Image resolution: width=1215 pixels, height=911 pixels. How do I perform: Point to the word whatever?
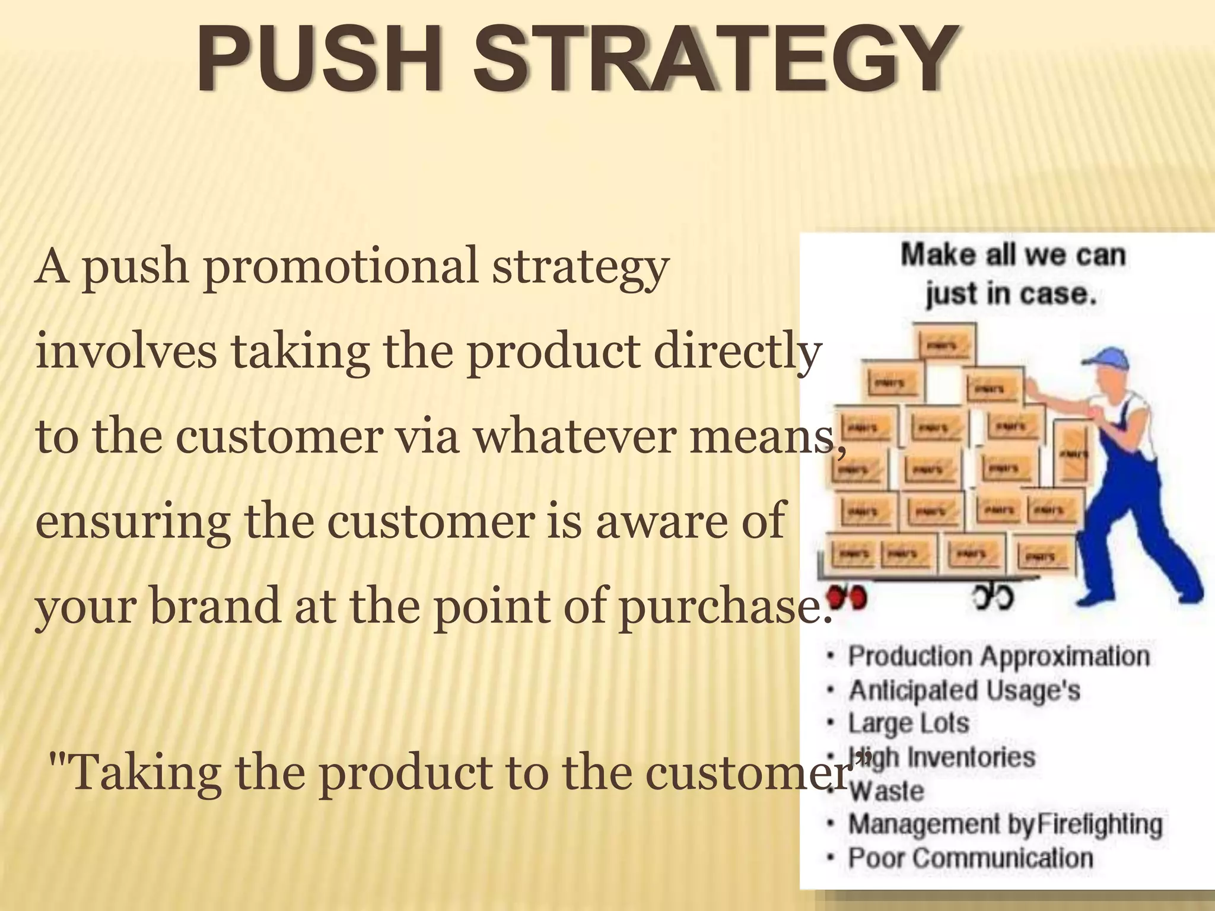point(574,437)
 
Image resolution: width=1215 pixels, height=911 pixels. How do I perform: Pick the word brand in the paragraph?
point(215,606)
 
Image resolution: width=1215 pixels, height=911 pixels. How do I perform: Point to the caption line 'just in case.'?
point(1011,294)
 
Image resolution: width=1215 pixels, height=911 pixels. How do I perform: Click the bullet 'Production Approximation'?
point(998,657)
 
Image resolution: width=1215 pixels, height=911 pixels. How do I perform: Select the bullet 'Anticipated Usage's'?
point(964,690)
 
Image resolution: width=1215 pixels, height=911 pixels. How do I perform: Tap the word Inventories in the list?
point(971,757)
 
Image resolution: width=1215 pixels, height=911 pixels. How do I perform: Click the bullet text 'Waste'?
point(886,791)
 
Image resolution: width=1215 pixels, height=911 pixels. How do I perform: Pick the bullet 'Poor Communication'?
point(971,858)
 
